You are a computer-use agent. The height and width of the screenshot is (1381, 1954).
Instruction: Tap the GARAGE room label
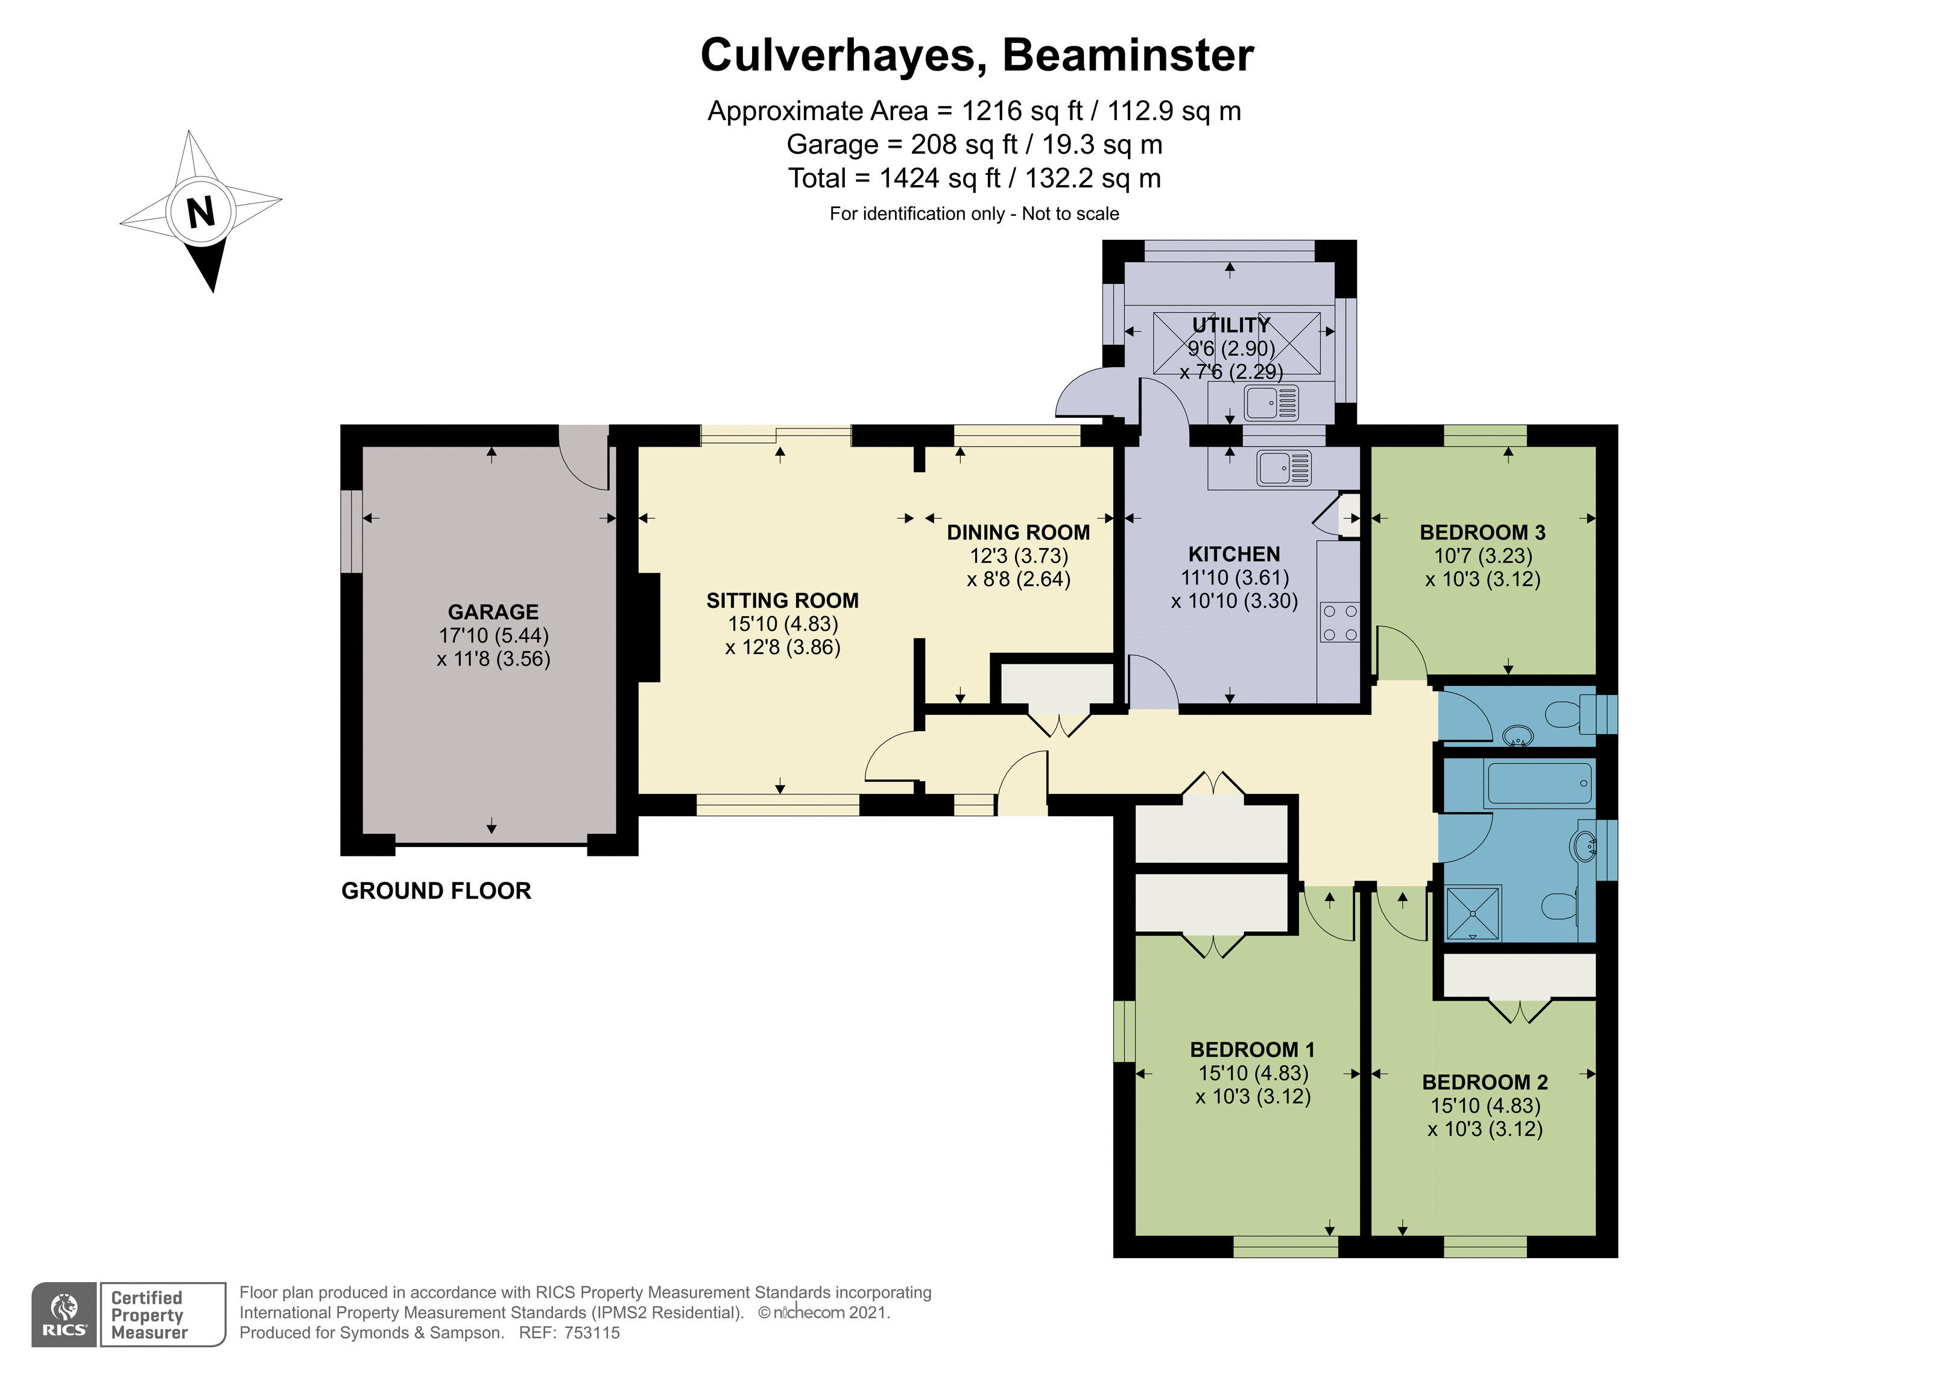[493, 612]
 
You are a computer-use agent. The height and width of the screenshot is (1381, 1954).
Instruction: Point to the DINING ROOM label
[1018, 533]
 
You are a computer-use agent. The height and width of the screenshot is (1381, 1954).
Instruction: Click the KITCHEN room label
[1234, 554]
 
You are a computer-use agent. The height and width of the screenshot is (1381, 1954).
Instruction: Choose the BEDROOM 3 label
[1482, 533]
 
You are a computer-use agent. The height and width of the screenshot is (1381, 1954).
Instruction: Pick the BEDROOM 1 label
[1252, 1049]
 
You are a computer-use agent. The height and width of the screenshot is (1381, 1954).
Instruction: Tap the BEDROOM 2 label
[1485, 1083]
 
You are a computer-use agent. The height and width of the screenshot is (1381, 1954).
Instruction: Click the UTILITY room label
[1231, 325]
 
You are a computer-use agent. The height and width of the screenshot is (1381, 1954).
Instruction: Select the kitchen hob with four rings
[1339, 623]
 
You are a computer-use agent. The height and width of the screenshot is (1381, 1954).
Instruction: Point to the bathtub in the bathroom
[1538, 783]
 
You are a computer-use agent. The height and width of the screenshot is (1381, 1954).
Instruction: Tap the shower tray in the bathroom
[1473, 914]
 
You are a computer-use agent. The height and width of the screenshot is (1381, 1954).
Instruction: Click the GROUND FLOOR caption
[437, 891]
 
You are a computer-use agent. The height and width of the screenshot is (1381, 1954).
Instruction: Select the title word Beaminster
[1128, 55]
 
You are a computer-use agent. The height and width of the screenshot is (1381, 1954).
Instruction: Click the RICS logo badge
[65, 1315]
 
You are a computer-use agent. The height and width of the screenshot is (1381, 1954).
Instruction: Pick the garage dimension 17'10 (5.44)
[493, 635]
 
